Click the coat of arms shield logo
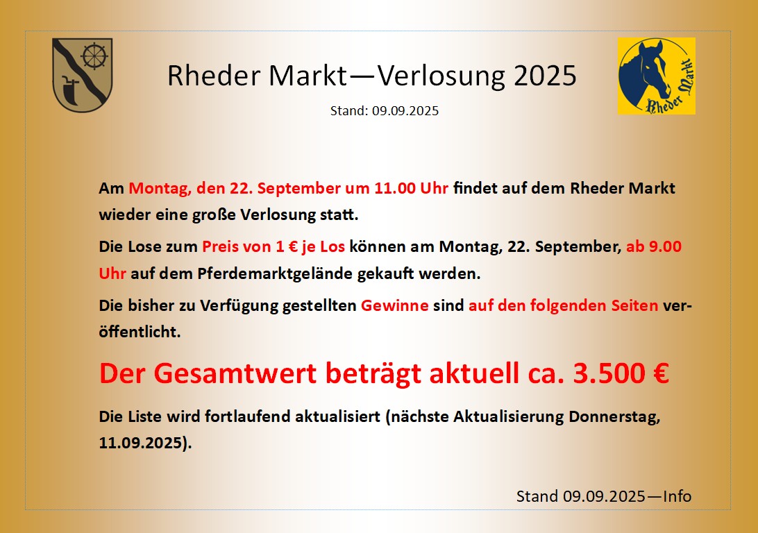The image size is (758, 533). (x=82, y=75)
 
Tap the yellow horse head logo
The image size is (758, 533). (x=657, y=76)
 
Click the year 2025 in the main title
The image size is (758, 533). (x=545, y=76)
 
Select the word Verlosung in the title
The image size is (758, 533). (x=441, y=76)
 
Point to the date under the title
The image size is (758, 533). (x=405, y=110)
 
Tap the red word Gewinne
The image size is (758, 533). (x=394, y=305)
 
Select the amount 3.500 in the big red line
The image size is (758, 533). (x=609, y=373)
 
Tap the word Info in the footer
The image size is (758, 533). (x=677, y=496)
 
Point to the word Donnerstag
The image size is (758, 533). (x=614, y=416)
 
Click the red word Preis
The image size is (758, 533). (x=217, y=247)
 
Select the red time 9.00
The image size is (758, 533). (x=665, y=247)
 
